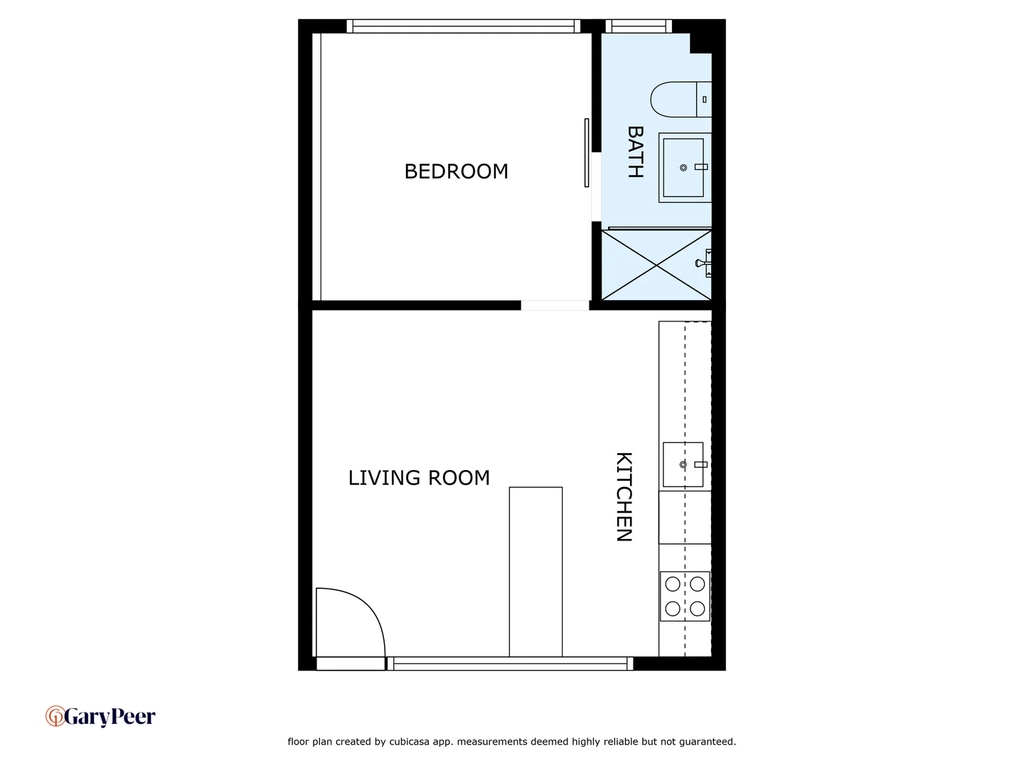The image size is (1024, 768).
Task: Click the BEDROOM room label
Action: click(456, 171)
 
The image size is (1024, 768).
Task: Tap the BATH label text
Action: click(635, 151)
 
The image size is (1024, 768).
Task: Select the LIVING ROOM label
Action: click(419, 478)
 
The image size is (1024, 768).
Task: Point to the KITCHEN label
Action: click(624, 496)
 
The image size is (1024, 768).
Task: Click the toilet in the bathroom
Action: click(679, 100)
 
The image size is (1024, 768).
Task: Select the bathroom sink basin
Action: click(683, 168)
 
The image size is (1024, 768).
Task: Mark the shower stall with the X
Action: click(656, 265)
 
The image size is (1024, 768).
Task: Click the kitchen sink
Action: click(683, 464)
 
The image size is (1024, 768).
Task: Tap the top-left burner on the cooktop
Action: click(673, 585)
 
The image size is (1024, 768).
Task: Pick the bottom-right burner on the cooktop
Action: click(698, 609)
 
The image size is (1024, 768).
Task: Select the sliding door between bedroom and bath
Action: click(587, 153)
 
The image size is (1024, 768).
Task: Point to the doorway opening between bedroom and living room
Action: click(555, 306)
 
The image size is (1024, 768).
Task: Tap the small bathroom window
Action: click(639, 26)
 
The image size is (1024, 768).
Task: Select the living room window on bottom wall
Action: click(510, 663)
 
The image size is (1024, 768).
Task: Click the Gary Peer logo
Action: click(100, 716)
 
